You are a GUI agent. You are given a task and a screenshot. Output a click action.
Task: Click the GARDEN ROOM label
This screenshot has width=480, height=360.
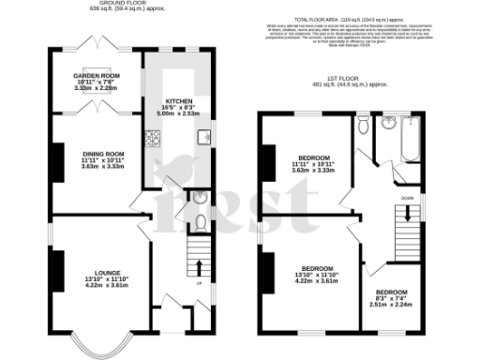(97, 78)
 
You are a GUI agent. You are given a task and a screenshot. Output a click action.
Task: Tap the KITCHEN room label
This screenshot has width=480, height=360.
(178, 104)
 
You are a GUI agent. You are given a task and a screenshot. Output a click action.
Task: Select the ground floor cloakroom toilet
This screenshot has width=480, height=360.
(201, 223)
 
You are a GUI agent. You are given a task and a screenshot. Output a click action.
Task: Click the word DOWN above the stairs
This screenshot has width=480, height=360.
(406, 198)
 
